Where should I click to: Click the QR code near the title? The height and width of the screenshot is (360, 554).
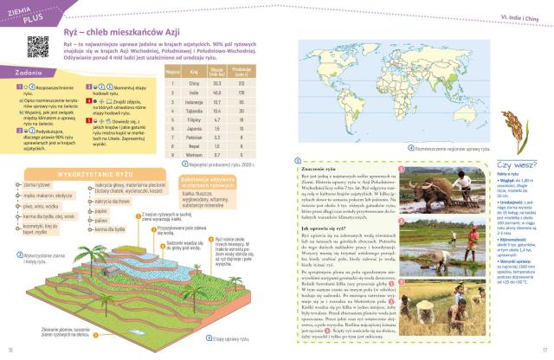[x=37, y=45]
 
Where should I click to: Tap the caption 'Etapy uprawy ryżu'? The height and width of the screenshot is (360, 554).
[x=220, y=328]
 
